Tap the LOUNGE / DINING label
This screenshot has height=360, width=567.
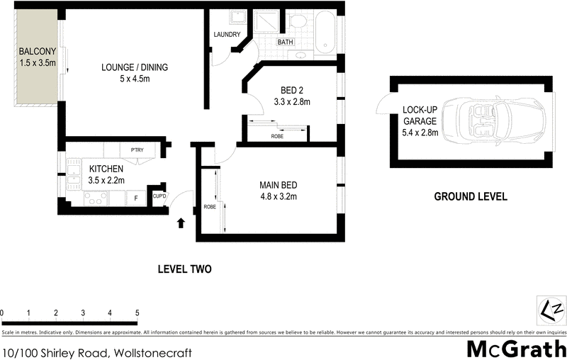(x=135, y=67)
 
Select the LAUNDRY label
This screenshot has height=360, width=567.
(x=227, y=35)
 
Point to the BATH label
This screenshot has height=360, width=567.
(x=285, y=42)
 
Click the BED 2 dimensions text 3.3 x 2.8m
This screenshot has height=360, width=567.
(x=292, y=102)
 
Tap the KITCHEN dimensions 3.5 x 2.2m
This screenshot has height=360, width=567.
(x=106, y=181)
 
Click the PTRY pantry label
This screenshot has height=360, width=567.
(x=137, y=150)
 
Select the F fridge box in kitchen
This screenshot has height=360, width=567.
(x=136, y=198)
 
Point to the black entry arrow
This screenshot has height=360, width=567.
(x=180, y=223)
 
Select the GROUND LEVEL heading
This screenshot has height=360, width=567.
(x=470, y=196)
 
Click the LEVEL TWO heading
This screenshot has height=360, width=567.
(x=184, y=269)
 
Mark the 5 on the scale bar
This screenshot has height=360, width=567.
(x=137, y=313)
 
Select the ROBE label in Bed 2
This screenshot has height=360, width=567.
(x=279, y=135)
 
